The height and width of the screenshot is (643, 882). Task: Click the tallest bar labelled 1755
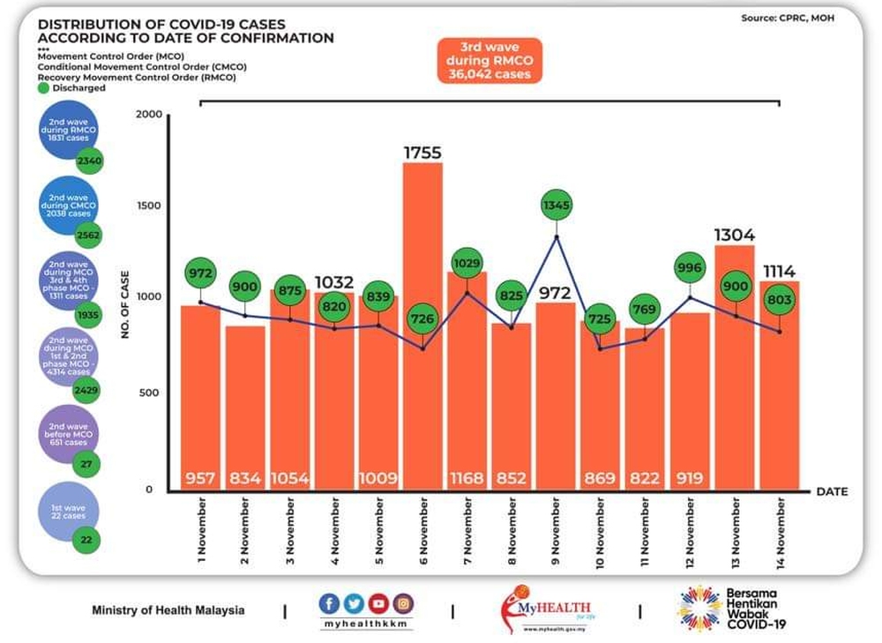point(422,326)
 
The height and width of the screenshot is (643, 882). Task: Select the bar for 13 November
point(734,370)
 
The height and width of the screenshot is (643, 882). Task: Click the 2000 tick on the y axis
point(151,116)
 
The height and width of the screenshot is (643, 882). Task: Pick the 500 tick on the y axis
point(151,393)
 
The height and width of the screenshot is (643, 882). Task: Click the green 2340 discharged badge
point(88,161)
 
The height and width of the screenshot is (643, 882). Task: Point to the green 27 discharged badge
point(86,464)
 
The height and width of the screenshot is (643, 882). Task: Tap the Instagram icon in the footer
point(403,604)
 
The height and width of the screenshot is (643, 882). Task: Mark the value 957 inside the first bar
point(200,479)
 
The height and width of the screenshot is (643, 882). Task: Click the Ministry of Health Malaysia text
point(168,610)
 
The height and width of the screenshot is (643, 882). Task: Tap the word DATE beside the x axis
point(831,491)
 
